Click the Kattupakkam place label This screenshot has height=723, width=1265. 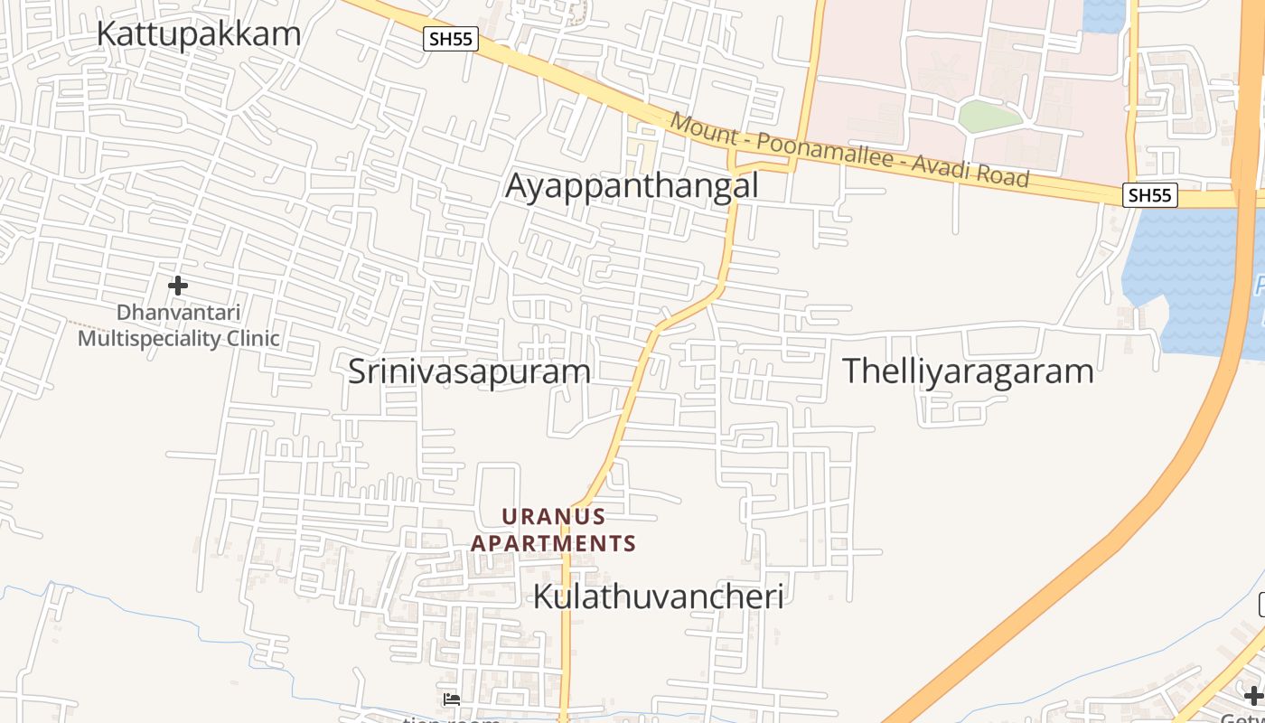[198, 34]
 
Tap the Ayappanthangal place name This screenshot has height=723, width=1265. [632, 186]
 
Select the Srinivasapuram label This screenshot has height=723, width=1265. [469, 371]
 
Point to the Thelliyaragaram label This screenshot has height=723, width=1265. [968, 371]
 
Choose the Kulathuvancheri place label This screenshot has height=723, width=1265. [658, 596]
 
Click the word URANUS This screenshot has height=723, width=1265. [553, 517]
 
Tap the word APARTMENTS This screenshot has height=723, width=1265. [553, 544]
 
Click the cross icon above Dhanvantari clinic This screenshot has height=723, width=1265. [178, 286]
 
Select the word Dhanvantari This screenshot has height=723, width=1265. [179, 313]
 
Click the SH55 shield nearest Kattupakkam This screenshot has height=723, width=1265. [450, 39]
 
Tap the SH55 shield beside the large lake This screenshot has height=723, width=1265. [1150, 194]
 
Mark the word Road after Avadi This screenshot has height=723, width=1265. [1004, 175]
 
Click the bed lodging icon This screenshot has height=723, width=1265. [452, 699]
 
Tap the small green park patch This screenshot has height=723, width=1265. [989, 116]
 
